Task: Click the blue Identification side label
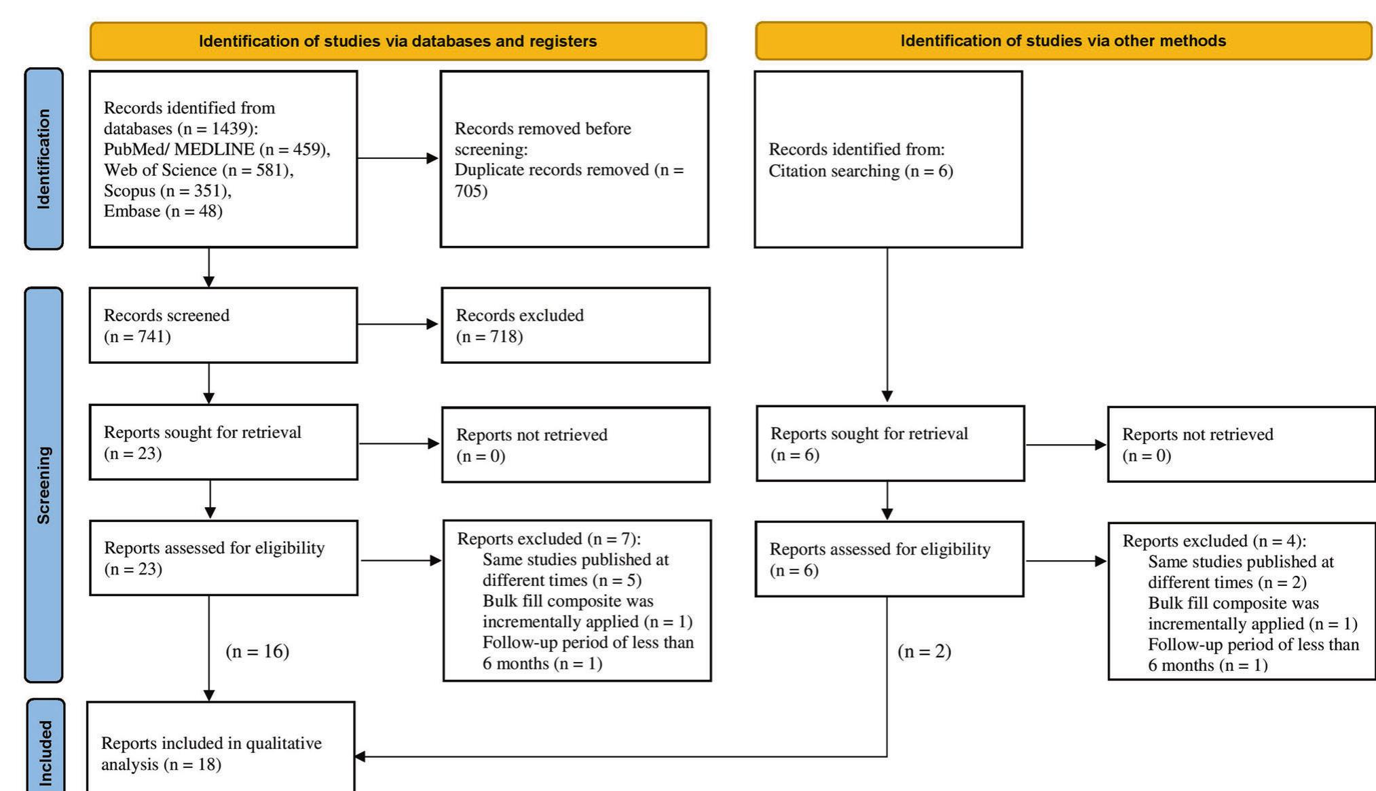(x=44, y=159)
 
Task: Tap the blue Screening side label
(x=44, y=485)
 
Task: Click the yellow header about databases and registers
(x=398, y=41)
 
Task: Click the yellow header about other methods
(x=1063, y=41)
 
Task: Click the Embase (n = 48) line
(x=163, y=211)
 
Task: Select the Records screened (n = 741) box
(x=223, y=325)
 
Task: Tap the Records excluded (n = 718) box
(x=575, y=325)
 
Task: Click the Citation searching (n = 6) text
(x=860, y=171)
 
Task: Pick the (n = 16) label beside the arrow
(x=257, y=651)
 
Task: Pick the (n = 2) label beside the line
(x=924, y=651)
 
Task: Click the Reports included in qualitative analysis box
(x=221, y=747)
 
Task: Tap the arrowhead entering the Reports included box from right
(x=360, y=756)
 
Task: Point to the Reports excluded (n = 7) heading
(x=548, y=539)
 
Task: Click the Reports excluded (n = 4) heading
(x=1214, y=541)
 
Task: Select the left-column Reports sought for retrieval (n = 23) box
(x=223, y=443)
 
